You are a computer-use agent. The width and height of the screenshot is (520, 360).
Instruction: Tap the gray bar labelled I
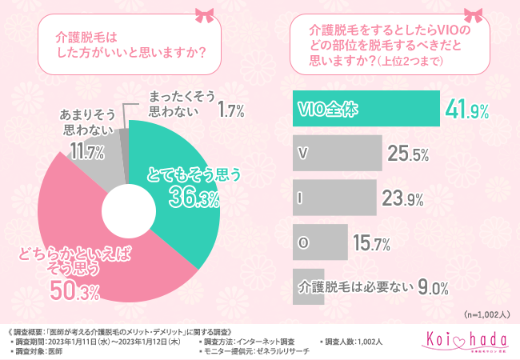click(x=331, y=197)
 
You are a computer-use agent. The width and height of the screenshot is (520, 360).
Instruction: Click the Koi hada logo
click(x=465, y=341)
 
